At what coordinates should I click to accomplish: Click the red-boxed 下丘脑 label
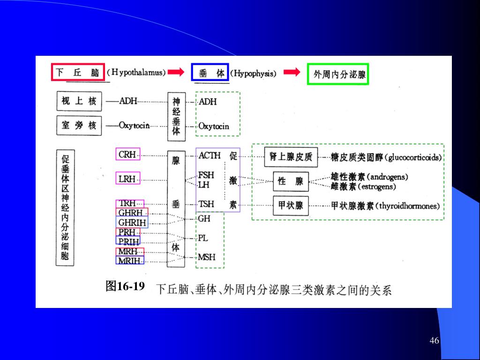click(x=77, y=73)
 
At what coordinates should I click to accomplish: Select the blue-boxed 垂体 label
click(x=210, y=73)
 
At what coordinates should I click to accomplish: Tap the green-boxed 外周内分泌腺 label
click(x=338, y=74)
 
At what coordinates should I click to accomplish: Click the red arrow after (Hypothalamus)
click(x=176, y=72)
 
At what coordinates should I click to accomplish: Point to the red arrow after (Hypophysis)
click(x=292, y=72)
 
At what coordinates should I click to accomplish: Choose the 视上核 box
click(x=79, y=101)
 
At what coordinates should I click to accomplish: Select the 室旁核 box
click(x=79, y=125)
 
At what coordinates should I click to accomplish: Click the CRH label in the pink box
click(x=127, y=154)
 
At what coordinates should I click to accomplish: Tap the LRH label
click(x=127, y=179)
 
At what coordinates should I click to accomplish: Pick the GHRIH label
click(x=132, y=223)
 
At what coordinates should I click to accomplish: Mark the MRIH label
click(x=129, y=260)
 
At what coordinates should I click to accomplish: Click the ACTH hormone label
click(x=210, y=156)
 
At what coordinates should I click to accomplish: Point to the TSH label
click(x=206, y=204)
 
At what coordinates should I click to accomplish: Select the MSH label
click(x=207, y=257)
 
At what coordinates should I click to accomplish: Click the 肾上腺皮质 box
click(x=291, y=157)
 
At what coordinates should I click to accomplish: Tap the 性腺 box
click(x=291, y=181)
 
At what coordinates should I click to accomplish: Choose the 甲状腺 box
click(x=291, y=205)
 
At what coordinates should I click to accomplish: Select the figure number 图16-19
click(x=125, y=286)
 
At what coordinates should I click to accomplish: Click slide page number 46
click(x=434, y=340)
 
